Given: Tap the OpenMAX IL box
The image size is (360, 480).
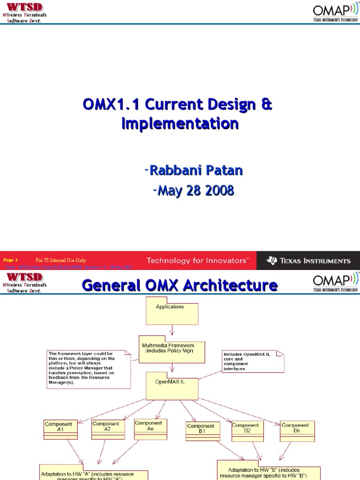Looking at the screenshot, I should coord(172,386).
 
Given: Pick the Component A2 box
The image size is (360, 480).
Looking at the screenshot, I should coord(105,429).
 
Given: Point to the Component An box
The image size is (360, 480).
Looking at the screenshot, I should coord(150,429).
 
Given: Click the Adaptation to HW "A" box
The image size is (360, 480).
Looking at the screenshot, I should coord(94,474).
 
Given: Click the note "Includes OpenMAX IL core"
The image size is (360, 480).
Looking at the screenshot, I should coord(253,361).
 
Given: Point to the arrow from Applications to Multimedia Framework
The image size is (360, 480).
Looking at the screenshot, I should coord(172,330).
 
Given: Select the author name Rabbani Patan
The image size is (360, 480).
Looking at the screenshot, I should coord(194,171).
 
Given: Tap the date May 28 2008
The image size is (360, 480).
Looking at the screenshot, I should coord(194,191).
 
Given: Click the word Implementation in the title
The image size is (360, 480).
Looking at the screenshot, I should coord(180,123).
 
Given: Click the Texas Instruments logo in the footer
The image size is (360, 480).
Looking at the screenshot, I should coord(308,261).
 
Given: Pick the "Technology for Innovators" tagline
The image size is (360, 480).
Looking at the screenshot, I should coord(197,261).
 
